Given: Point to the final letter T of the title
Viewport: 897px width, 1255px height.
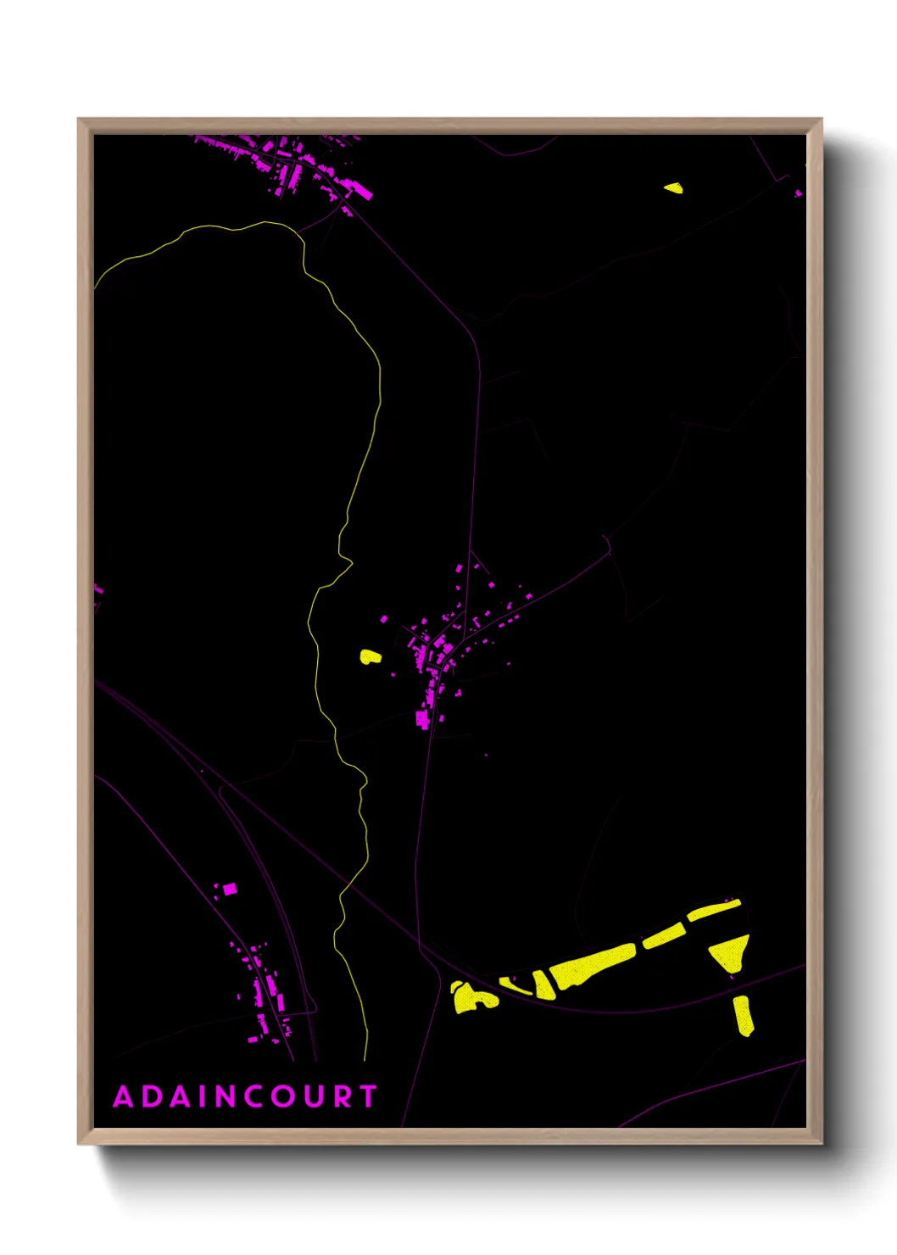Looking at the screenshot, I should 368,1096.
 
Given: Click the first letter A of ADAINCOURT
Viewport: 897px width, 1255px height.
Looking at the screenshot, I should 124,1096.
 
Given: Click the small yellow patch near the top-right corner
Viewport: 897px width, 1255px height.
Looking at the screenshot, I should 673,188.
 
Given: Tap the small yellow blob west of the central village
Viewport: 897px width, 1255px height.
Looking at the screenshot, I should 370,656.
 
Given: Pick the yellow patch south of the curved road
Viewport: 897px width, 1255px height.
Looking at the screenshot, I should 743,1015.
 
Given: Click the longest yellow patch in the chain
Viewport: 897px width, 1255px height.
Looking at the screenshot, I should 592,965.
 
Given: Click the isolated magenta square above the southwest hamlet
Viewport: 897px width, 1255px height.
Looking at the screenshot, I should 229,889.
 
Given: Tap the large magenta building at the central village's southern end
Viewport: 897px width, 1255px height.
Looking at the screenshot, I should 422,719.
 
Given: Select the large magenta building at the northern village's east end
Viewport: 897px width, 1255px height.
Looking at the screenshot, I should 362,192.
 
